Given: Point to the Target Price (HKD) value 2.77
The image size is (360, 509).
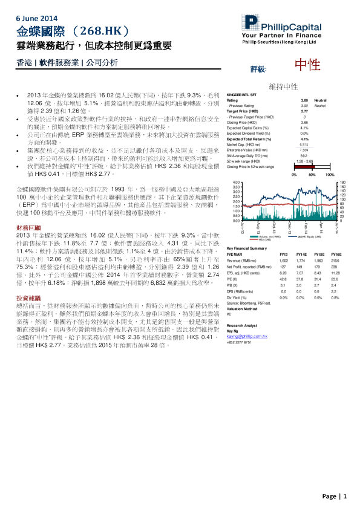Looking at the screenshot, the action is point(304,112).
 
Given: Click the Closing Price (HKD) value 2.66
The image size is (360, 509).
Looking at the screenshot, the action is point(304,122).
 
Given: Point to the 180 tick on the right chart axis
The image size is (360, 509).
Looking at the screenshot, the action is point(343,183).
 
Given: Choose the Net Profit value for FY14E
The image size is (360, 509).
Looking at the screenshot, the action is point(301,266).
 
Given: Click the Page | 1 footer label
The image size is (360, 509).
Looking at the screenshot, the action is point(335,496).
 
